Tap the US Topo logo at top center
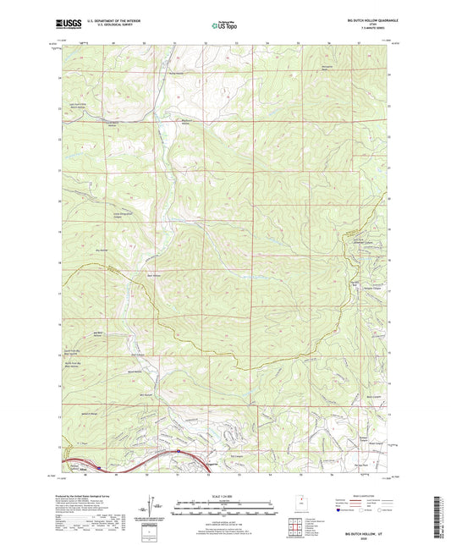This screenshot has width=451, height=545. (223, 25)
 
